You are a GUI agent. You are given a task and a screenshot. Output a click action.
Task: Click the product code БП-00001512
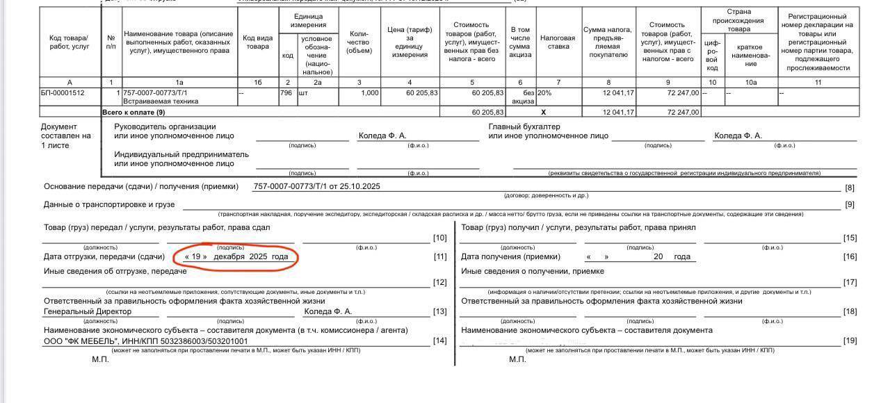[63, 93]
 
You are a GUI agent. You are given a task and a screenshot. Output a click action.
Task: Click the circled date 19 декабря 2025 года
[236, 257]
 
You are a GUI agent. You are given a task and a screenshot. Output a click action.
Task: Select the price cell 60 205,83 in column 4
[413, 93]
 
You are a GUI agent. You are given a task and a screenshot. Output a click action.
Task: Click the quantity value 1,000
[369, 93]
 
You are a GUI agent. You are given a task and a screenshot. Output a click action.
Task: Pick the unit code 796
[286, 93]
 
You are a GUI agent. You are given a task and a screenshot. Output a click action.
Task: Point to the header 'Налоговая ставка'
[558, 42]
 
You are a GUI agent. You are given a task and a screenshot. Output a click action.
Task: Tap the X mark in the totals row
[544, 112]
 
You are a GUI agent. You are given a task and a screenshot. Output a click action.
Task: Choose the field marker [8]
[849, 188]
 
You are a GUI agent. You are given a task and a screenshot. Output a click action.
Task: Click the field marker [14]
[439, 340]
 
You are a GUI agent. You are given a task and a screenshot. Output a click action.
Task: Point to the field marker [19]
[850, 340]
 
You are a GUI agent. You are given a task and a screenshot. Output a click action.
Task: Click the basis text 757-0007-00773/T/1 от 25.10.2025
[316, 186]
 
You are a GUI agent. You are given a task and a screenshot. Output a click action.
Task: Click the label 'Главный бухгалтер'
[524, 127]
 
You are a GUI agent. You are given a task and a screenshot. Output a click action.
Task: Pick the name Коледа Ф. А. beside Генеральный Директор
[328, 312]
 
